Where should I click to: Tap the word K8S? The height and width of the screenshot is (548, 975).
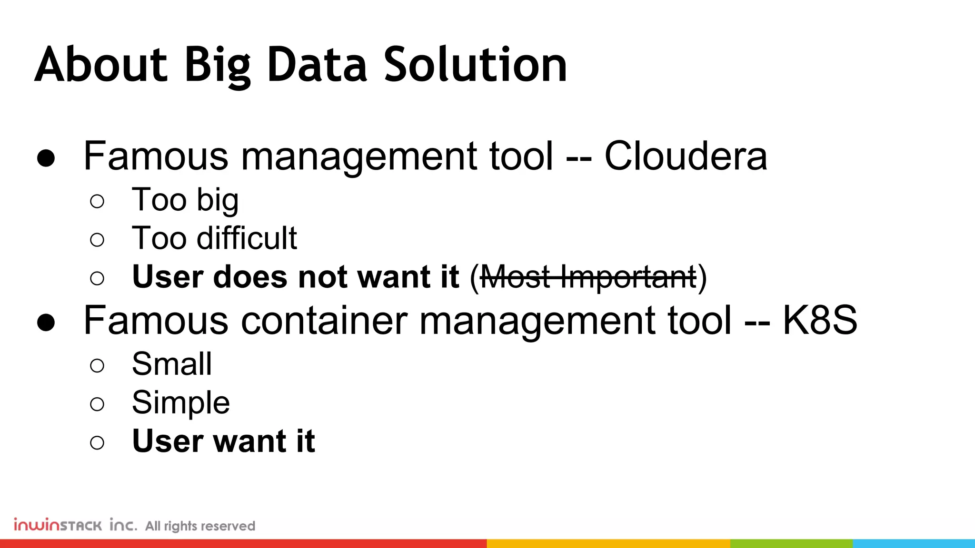[x=820, y=321]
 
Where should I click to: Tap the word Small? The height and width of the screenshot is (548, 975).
[x=172, y=364]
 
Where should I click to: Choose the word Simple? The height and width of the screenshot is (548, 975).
[x=181, y=403]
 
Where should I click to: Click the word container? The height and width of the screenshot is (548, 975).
[x=324, y=321]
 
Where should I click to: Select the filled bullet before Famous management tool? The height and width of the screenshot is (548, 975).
[x=46, y=158]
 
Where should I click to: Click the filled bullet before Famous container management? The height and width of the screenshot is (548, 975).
[x=46, y=323]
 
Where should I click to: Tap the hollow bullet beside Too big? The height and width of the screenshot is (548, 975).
[x=97, y=201]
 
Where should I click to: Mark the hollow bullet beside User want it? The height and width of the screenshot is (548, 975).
[x=97, y=443]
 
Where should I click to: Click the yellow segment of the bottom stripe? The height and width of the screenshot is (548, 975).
[x=608, y=543]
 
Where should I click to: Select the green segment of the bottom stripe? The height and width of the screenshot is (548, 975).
[x=791, y=543]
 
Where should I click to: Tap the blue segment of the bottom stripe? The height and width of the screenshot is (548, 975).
[x=914, y=543]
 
